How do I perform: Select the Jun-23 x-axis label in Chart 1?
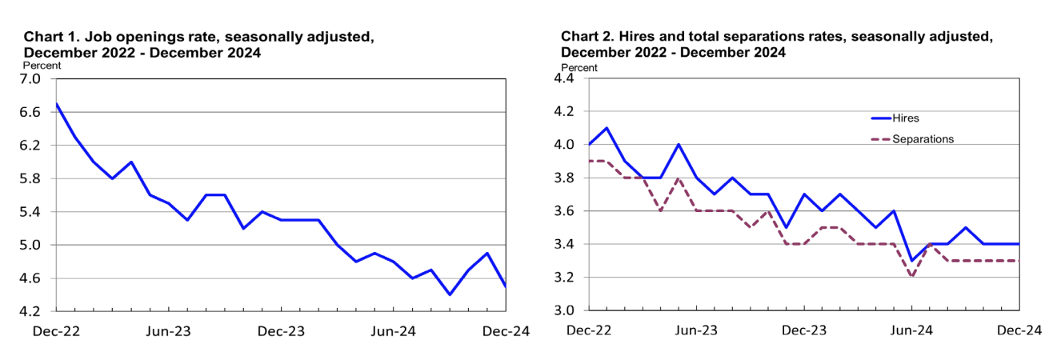click(x=168, y=330)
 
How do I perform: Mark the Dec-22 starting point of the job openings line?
click(x=56, y=104)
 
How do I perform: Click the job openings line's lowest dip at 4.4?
click(x=450, y=294)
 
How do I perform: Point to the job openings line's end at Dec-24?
click(x=506, y=286)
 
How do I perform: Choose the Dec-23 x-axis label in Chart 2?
click(x=804, y=330)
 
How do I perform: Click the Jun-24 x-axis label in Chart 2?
click(x=912, y=330)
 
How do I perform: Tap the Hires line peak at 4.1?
click(x=607, y=128)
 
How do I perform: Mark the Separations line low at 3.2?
click(x=912, y=277)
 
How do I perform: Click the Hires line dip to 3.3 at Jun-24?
click(x=912, y=261)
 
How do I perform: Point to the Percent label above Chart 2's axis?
click(x=579, y=68)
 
